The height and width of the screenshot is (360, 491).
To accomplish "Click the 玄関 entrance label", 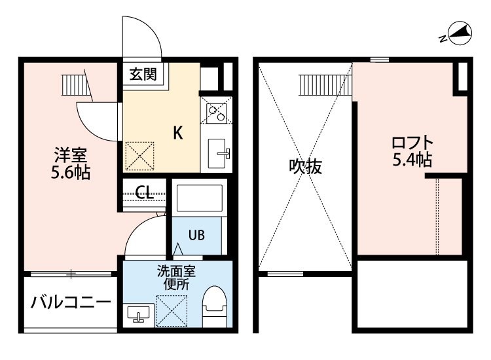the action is (x=143, y=75).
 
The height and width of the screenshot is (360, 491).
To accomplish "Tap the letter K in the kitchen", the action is (x=178, y=133).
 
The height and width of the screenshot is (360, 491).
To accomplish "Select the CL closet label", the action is (x=145, y=192).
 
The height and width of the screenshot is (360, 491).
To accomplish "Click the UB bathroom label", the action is (x=196, y=235).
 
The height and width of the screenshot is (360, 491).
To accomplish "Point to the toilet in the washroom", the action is (x=215, y=306).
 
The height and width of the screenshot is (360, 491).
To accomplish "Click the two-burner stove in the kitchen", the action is (x=217, y=109).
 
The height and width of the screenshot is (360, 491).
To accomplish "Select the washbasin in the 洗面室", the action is (x=138, y=315).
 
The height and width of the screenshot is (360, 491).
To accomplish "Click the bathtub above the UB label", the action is (x=200, y=198).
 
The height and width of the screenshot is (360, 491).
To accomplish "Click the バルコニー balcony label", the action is (x=71, y=302).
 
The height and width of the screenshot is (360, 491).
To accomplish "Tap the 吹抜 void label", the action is (x=305, y=166).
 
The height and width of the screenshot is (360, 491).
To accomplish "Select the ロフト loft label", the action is (x=412, y=143).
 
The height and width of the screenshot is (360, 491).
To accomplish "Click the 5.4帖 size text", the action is (x=412, y=160).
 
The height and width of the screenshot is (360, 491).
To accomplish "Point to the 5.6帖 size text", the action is (x=71, y=172).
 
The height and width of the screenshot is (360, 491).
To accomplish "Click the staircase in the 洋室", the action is (x=77, y=85).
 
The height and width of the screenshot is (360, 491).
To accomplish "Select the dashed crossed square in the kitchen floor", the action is (x=139, y=156).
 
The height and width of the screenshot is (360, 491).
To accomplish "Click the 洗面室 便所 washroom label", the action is (x=176, y=278).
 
